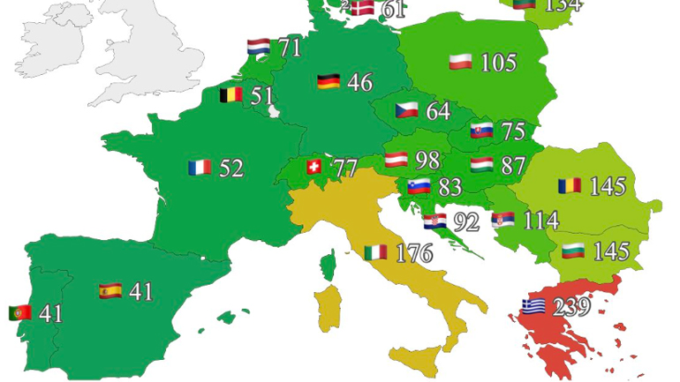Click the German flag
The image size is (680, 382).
[329, 82]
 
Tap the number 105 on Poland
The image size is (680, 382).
[498, 63]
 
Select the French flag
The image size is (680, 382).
[200, 167]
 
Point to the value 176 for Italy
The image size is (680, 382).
[412, 254]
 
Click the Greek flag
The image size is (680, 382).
[533, 306]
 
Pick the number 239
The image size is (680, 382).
[570, 308]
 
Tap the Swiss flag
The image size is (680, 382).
[314, 166]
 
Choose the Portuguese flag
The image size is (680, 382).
[20, 312]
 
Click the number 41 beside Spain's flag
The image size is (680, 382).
[140, 291]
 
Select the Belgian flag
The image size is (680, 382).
[231, 94]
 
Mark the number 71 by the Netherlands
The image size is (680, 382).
[290, 48]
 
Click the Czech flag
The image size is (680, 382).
[406, 111]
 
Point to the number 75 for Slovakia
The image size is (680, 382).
[512, 131]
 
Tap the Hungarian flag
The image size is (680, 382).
[482, 165]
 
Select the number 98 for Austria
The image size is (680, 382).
[427, 161]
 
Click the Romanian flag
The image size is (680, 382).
[570, 186]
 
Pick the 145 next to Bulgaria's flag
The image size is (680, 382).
[611, 251]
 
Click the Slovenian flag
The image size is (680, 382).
[419, 187]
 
